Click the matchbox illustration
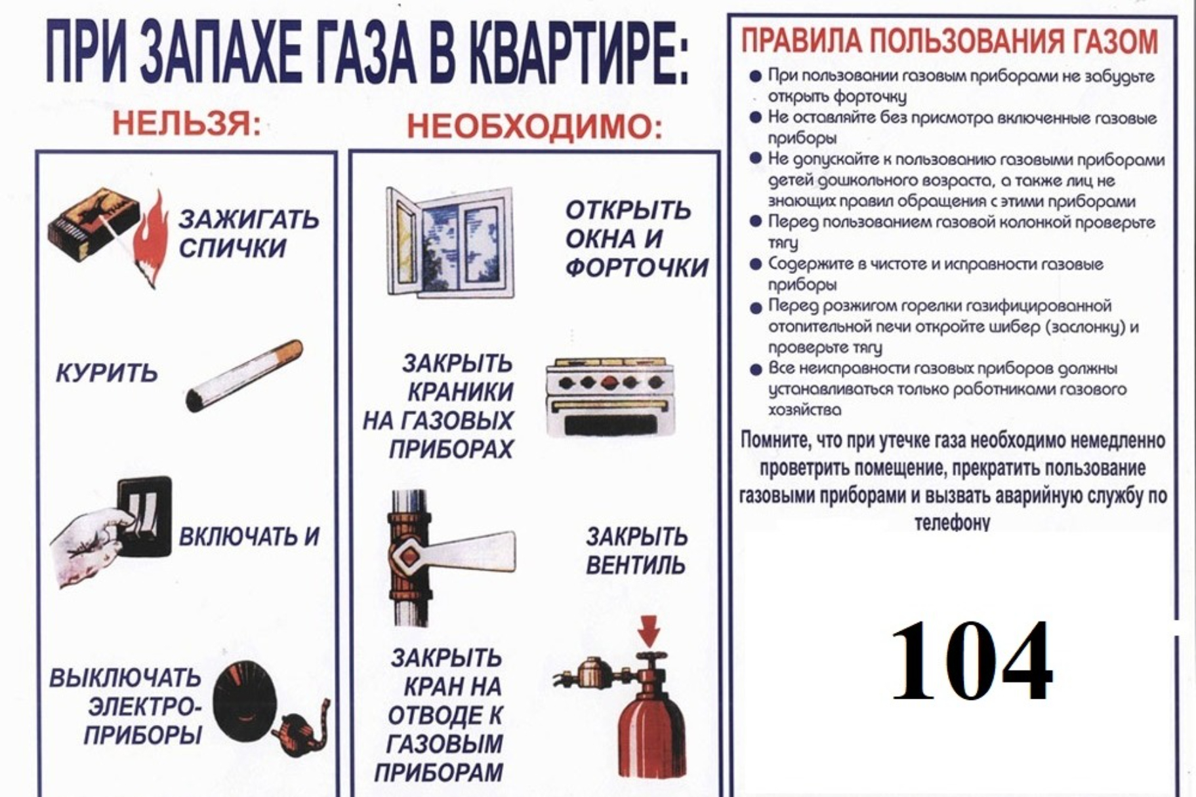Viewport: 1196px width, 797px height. (93, 225)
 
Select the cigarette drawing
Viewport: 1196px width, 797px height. (244, 375)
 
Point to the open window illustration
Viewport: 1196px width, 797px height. (449, 242)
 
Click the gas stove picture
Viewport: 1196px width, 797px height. (609, 397)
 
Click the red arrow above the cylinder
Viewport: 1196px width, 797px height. (650, 631)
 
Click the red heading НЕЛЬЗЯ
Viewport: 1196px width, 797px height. (186, 123)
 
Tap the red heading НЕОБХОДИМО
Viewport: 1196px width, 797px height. (535, 126)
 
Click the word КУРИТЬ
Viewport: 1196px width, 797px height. (107, 373)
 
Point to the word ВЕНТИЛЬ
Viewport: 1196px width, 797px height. (635, 565)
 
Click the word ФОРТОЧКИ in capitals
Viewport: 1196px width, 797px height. (636, 267)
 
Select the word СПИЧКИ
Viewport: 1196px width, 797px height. (232, 248)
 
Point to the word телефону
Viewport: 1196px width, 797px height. (952, 522)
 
